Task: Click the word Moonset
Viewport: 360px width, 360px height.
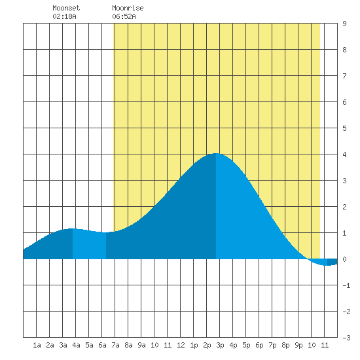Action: pyautogui.click(x=66, y=8)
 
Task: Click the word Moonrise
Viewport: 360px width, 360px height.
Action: pyautogui.click(x=128, y=8)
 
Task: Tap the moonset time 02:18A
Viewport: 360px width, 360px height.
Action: pyautogui.click(x=64, y=16)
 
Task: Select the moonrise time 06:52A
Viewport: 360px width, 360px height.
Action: pyautogui.click(x=124, y=16)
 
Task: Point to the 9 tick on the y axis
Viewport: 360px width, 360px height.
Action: pyautogui.click(x=344, y=24)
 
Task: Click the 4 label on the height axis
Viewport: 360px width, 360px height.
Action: pyautogui.click(x=344, y=154)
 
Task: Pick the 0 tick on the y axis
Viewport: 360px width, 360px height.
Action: pyautogui.click(x=344, y=259)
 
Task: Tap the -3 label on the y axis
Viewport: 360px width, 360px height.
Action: pyautogui.click(x=346, y=338)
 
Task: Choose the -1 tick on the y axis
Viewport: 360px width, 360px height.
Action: pyautogui.click(x=346, y=285)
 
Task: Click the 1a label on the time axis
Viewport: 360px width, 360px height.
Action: pyautogui.click(x=37, y=345)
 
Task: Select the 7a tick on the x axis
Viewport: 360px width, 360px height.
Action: pyautogui.click(x=115, y=345)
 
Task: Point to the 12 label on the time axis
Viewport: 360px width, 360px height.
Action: pyautogui.click(x=181, y=345)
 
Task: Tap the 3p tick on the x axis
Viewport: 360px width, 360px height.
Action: pyautogui.click(x=220, y=345)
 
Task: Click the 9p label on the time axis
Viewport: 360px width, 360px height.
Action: pyautogui.click(x=298, y=345)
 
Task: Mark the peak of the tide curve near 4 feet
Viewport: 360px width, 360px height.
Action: pyautogui.click(x=216, y=153)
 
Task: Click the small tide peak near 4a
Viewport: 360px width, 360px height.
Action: pyautogui.click(x=72, y=228)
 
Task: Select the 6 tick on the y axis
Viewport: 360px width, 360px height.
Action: pyautogui.click(x=344, y=102)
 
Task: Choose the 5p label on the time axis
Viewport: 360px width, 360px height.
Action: pyautogui.click(x=246, y=345)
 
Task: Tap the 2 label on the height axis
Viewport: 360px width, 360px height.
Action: pyautogui.click(x=344, y=207)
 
